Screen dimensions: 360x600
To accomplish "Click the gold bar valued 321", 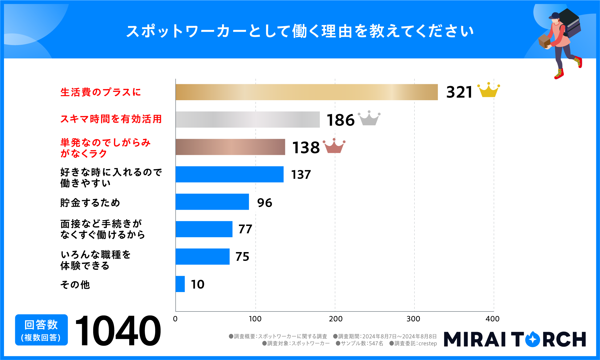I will tap(307, 92).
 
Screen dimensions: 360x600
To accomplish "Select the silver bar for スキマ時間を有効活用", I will tap(248, 120).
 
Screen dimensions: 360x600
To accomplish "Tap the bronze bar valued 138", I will tap(230, 147).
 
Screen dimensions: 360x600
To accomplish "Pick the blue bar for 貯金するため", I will tap(212, 202).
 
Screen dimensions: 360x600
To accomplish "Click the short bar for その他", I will tap(180, 284).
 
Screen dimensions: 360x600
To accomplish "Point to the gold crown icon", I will tap(488, 91).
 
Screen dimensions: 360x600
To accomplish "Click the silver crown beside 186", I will tap(369, 118).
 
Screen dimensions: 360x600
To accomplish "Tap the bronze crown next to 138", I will tap(334, 146).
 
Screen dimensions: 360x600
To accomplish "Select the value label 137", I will tap(301, 175).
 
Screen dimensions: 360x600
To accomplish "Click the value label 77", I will tap(245, 229).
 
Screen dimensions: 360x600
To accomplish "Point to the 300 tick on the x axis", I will tap(413, 319).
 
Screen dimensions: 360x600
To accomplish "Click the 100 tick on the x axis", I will tap(255, 319).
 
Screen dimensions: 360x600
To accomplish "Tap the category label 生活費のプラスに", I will tap(100, 92).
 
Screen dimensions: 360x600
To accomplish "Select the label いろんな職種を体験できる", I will tap(95, 260).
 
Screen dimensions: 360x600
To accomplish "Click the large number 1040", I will tap(118, 331).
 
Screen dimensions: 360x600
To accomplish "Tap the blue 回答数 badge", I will tap(41, 330).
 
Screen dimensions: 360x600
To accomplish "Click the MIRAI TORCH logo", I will tap(515, 339).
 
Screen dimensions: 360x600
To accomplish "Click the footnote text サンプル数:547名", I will tap(360, 343).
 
